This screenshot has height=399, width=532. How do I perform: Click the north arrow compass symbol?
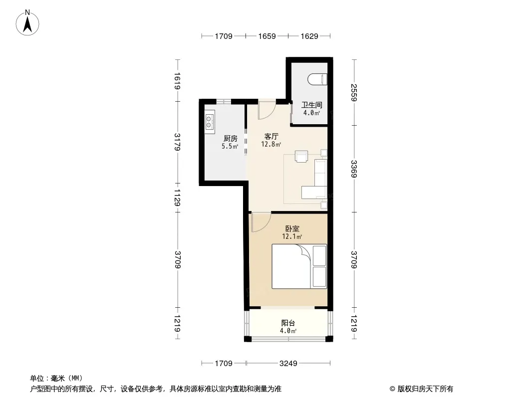click(27, 23)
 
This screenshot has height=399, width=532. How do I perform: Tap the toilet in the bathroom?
click(317, 79)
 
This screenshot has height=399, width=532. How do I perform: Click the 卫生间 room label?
click(311, 105)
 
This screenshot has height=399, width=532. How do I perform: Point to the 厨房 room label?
click(231, 138)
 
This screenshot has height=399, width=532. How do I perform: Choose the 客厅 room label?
click(271, 136)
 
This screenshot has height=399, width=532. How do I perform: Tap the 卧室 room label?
click(292, 229)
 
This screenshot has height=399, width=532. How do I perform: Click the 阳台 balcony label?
click(288, 323)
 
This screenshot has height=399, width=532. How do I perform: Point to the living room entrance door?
click(267, 110)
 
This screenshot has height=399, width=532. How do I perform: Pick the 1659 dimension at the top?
click(266, 36)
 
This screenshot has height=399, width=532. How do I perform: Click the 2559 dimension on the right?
click(354, 93)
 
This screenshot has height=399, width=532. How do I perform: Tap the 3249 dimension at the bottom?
click(288, 364)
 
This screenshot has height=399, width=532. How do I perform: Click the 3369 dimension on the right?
click(354, 169)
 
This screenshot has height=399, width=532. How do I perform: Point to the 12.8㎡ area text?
click(271, 145)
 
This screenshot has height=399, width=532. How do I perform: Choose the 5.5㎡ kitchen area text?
click(230, 147)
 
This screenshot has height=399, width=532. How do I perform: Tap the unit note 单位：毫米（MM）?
click(56, 379)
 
